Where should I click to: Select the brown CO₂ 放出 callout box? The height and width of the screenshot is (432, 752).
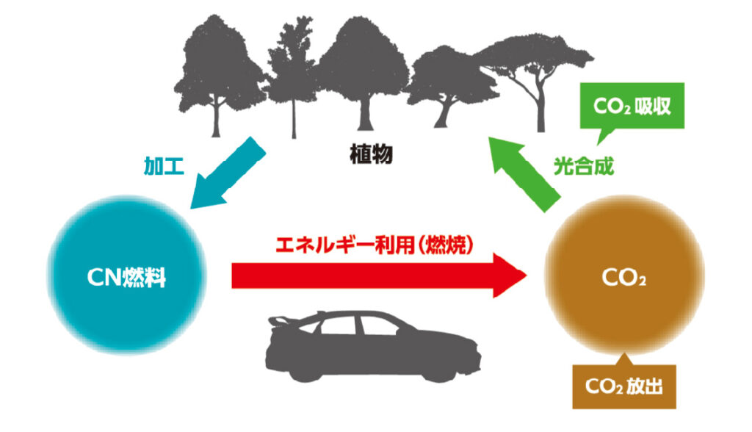623,386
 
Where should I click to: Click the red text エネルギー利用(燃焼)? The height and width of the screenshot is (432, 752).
374,245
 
